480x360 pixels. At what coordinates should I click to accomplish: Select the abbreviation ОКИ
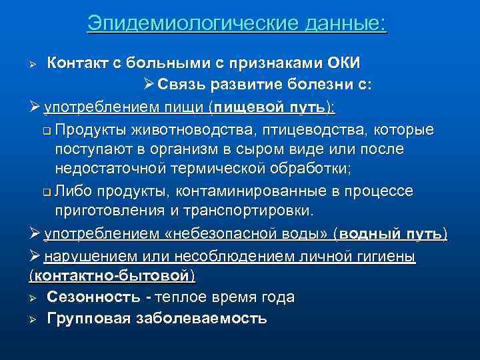343,63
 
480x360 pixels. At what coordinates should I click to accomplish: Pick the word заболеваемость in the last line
203,318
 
